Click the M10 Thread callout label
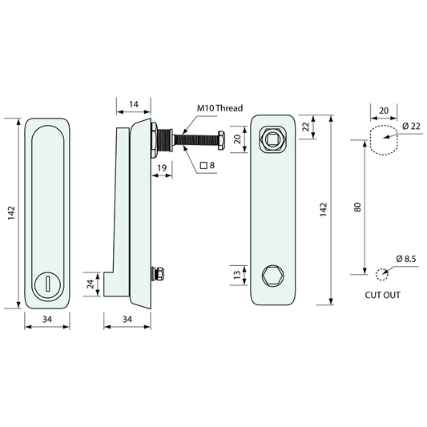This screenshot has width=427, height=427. [220, 108]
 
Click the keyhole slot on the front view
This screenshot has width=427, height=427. [47, 284]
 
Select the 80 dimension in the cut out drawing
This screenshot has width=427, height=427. [357, 207]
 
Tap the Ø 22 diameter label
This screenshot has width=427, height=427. [411, 127]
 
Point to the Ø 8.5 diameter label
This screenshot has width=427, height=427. [406, 259]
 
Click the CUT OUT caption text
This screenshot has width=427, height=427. [383, 295]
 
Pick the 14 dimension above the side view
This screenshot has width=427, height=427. [134, 104]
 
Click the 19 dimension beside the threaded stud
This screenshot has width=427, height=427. [162, 167]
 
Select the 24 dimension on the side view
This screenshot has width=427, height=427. [91, 284]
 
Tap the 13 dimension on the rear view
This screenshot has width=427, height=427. [237, 275]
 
